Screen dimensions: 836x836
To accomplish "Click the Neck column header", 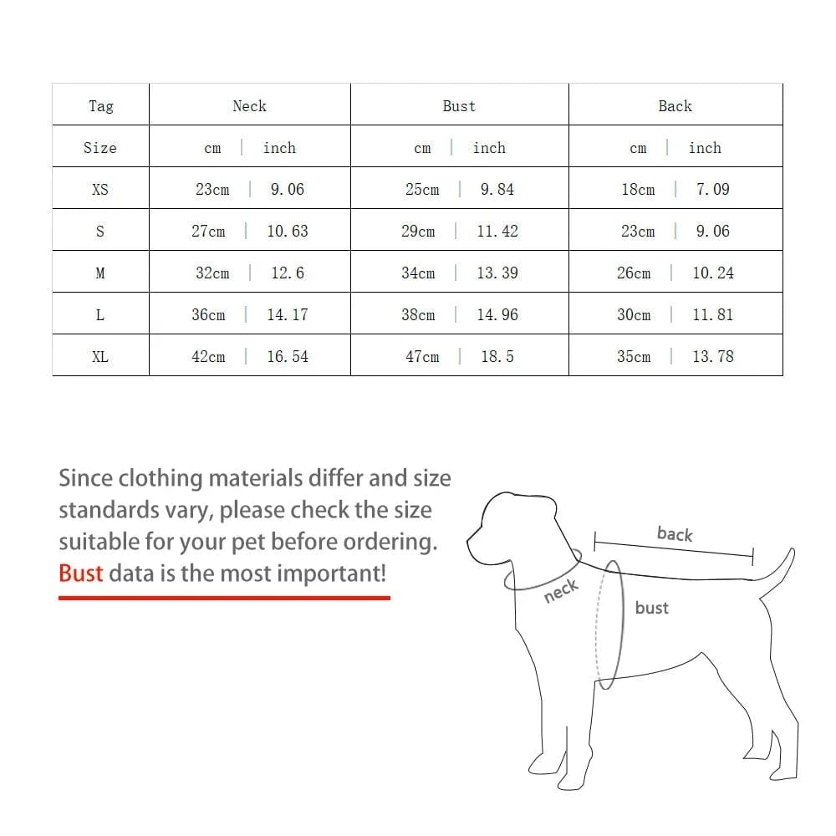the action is pyautogui.click(x=249, y=106).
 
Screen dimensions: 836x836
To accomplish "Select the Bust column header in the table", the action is pyautogui.click(x=459, y=106).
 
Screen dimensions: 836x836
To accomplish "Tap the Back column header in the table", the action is pyautogui.click(x=675, y=106).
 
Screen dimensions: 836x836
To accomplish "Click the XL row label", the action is pyautogui.click(x=99, y=356).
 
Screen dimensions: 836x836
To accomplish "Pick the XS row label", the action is pyautogui.click(x=99, y=189).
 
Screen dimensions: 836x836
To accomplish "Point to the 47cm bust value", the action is pyautogui.click(x=422, y=356).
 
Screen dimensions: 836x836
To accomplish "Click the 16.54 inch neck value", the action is pyautogui.click(x=288, y=356).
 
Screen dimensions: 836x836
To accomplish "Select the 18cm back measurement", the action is pyautogui.click(x=638, y=189).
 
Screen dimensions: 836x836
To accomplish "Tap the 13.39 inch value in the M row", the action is pyautogui.click(x=497, y=273).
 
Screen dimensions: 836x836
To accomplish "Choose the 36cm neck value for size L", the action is pyautogui.click(x=208, y=314).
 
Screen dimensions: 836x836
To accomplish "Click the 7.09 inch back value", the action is pyautogui.click(x=713, y=189).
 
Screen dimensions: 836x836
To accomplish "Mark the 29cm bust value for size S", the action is pyautogui.click(x=418, y=231).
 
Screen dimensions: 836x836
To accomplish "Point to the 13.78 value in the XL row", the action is pyautogui.click(x=713, y=356).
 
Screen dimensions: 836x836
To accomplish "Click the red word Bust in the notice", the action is pyautogui.click(x=80, y=573).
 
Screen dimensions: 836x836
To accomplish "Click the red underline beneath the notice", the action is pyautogui.click(x=224, y=599).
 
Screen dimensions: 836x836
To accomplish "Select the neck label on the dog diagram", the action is pyautogui.click(x=561, y=591).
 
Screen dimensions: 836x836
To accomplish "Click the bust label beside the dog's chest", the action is pyautogui.click(x=651, y=607).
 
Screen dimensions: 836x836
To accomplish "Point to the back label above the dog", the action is pyautogui.click(x=675, y=533).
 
